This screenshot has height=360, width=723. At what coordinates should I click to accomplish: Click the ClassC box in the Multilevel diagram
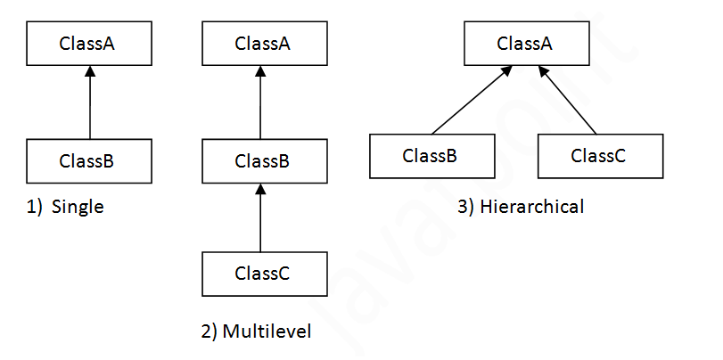pos(265,274)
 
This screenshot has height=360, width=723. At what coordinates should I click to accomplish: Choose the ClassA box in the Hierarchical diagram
pos(527,43)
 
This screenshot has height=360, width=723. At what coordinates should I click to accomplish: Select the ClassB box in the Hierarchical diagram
pos(431,156)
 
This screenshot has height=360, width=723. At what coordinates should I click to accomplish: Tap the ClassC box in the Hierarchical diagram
pos(600,156)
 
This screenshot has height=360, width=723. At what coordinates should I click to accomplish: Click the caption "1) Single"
pos(65,208)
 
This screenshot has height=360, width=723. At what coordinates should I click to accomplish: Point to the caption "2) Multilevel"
pos(256,332)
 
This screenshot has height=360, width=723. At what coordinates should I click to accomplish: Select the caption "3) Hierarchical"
pos(521,208)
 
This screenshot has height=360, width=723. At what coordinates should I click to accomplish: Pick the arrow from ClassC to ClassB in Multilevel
pos(260,219)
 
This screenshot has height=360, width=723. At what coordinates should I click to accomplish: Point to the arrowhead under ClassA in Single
pos(89,71)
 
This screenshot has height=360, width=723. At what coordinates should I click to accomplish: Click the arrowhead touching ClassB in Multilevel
pos(260,189)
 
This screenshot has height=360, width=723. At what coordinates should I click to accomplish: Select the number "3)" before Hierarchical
pos(465,208)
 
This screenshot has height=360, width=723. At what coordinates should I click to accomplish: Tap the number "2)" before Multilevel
pos(210,332)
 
